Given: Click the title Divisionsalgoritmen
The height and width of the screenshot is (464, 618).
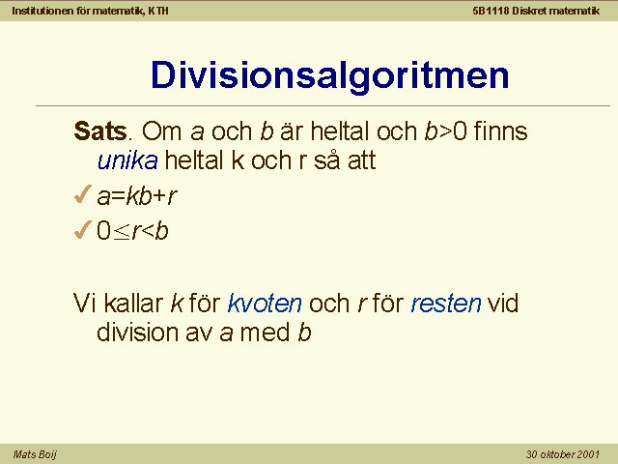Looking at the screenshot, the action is pyautogui.click(x=330, y=75).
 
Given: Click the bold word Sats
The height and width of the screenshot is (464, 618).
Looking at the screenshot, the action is pyautogui.click(x=100, y=131).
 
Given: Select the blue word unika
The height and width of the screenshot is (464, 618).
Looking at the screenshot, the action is pyautogui.click(x=127, y=160).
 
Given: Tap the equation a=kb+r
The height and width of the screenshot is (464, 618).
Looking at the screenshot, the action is pyautogui.click(x=137, y=195).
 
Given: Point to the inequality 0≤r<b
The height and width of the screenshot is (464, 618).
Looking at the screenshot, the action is pyautogui.click(x=132, y=230).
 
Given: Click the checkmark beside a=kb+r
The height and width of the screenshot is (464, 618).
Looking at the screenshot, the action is pyautogui.click(x=82, y=194).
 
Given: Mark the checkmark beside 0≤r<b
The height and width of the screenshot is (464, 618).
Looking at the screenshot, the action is pyautogui.click(x=82, y=229).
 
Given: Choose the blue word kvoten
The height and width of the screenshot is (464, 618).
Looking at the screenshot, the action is pyautogui.click(x=265, y=304).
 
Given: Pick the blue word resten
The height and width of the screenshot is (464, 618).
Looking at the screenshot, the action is pyautogui.click(x=446, y=304).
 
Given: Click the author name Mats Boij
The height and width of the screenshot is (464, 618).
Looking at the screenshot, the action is pyautogui.click(x=35, y=454).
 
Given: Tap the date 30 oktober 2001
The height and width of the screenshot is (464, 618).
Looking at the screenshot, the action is pyautogui.click(x=562, y=454).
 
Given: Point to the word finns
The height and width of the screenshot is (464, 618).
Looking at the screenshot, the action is pyautogui.click(x=500, y=131).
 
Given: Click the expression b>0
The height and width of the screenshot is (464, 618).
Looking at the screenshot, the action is pyautogui.click(x=446, y=131).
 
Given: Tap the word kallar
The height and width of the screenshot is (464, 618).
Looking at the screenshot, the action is pyautogui.click(x=133, y=304).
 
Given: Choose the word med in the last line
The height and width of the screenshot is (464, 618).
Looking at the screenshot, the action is pyautogui.click(x=265, y=333).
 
